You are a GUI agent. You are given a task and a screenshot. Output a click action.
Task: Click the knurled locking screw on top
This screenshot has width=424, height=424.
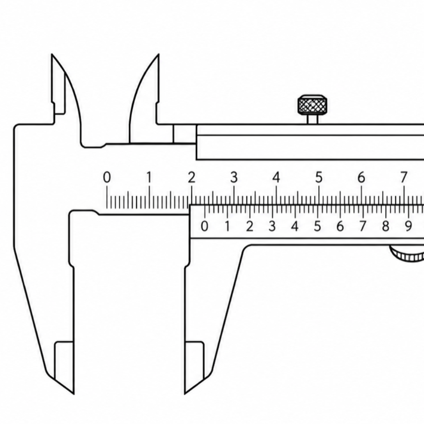click(313, 105)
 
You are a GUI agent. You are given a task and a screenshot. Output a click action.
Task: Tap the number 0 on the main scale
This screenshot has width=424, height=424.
click(107, 178)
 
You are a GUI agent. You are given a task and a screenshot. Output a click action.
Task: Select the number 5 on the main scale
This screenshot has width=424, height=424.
click(319, 178)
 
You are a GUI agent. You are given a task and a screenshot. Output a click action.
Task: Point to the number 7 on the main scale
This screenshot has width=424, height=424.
click(403, 178)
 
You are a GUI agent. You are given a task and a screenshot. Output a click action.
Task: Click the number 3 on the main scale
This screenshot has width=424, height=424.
click(234, 178)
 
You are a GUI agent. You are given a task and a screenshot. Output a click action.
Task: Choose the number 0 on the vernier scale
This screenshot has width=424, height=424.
click(205, 226)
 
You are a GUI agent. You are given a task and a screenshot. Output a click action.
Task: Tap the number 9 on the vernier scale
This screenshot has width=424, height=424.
click(408, 226)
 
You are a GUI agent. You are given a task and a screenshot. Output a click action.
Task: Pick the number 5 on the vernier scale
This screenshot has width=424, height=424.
click(317, 226)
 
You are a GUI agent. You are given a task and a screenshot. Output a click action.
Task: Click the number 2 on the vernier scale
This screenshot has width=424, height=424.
click(250, 226)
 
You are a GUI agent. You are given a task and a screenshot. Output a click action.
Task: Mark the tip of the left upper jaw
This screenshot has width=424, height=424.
click(51, 54)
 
